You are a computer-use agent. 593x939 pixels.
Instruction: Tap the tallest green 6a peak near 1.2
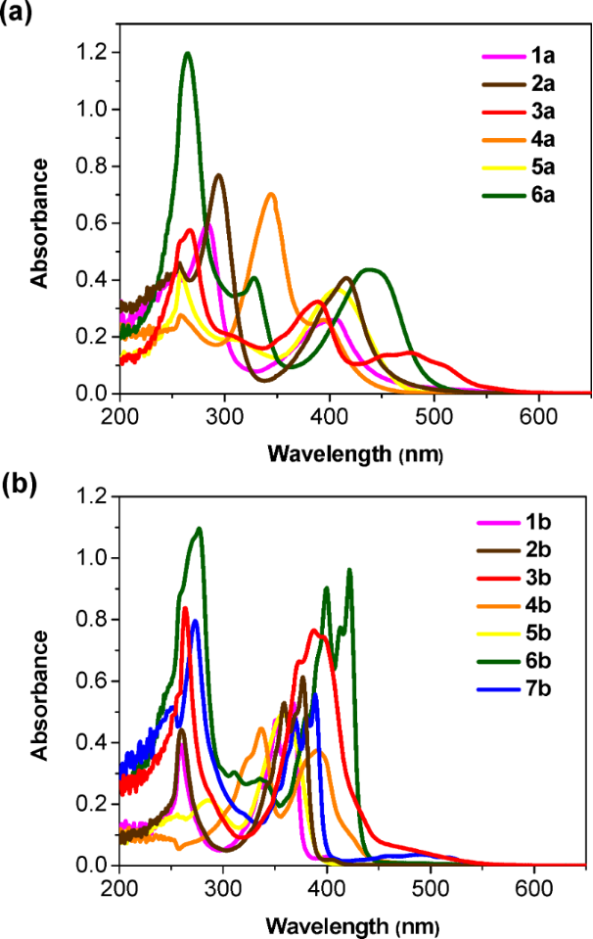pos(187,54)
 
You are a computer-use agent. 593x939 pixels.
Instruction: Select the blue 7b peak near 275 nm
pos(196,621)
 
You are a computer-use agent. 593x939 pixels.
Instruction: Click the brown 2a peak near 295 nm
pos(219,175)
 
